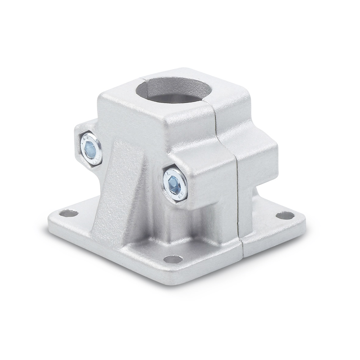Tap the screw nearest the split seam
coord(172,182)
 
